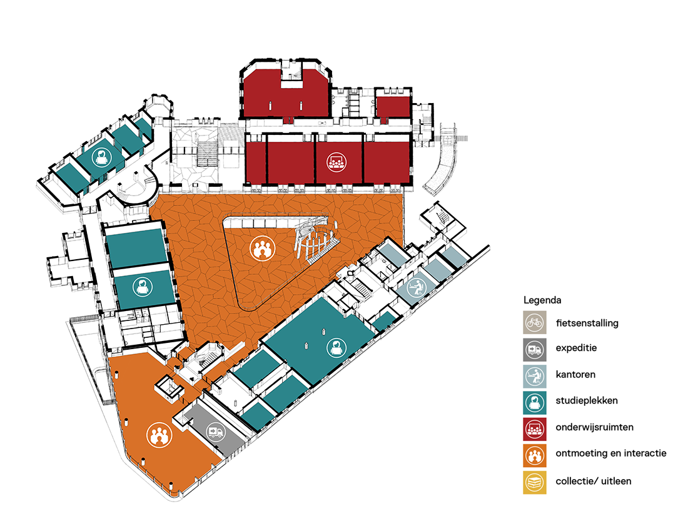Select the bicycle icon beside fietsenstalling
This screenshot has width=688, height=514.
click(x=535, y=324)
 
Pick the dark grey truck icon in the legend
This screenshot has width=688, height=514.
click(x=535, y=350)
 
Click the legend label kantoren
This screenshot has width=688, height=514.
click(x=575, y=375)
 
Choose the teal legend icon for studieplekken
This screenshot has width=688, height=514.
click(x=535, y=401)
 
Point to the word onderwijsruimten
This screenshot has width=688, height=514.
click(x=594, y=427)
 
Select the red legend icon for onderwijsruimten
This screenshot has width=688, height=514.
click(x=535, y=427)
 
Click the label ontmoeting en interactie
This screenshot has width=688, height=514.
click(x=610, y=453)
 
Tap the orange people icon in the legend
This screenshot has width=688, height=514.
click(x=535, y=454)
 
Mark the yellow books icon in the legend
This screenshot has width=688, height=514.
click(x=535, y=482)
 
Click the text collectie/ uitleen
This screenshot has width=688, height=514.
click(x=594, y=480)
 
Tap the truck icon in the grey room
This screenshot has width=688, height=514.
click(x=215, y=432)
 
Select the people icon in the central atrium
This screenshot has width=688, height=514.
click(x=262, y=249)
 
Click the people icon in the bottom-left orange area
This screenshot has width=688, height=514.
click(x=158, y=435)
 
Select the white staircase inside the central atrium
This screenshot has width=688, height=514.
click(x=316, y=244)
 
